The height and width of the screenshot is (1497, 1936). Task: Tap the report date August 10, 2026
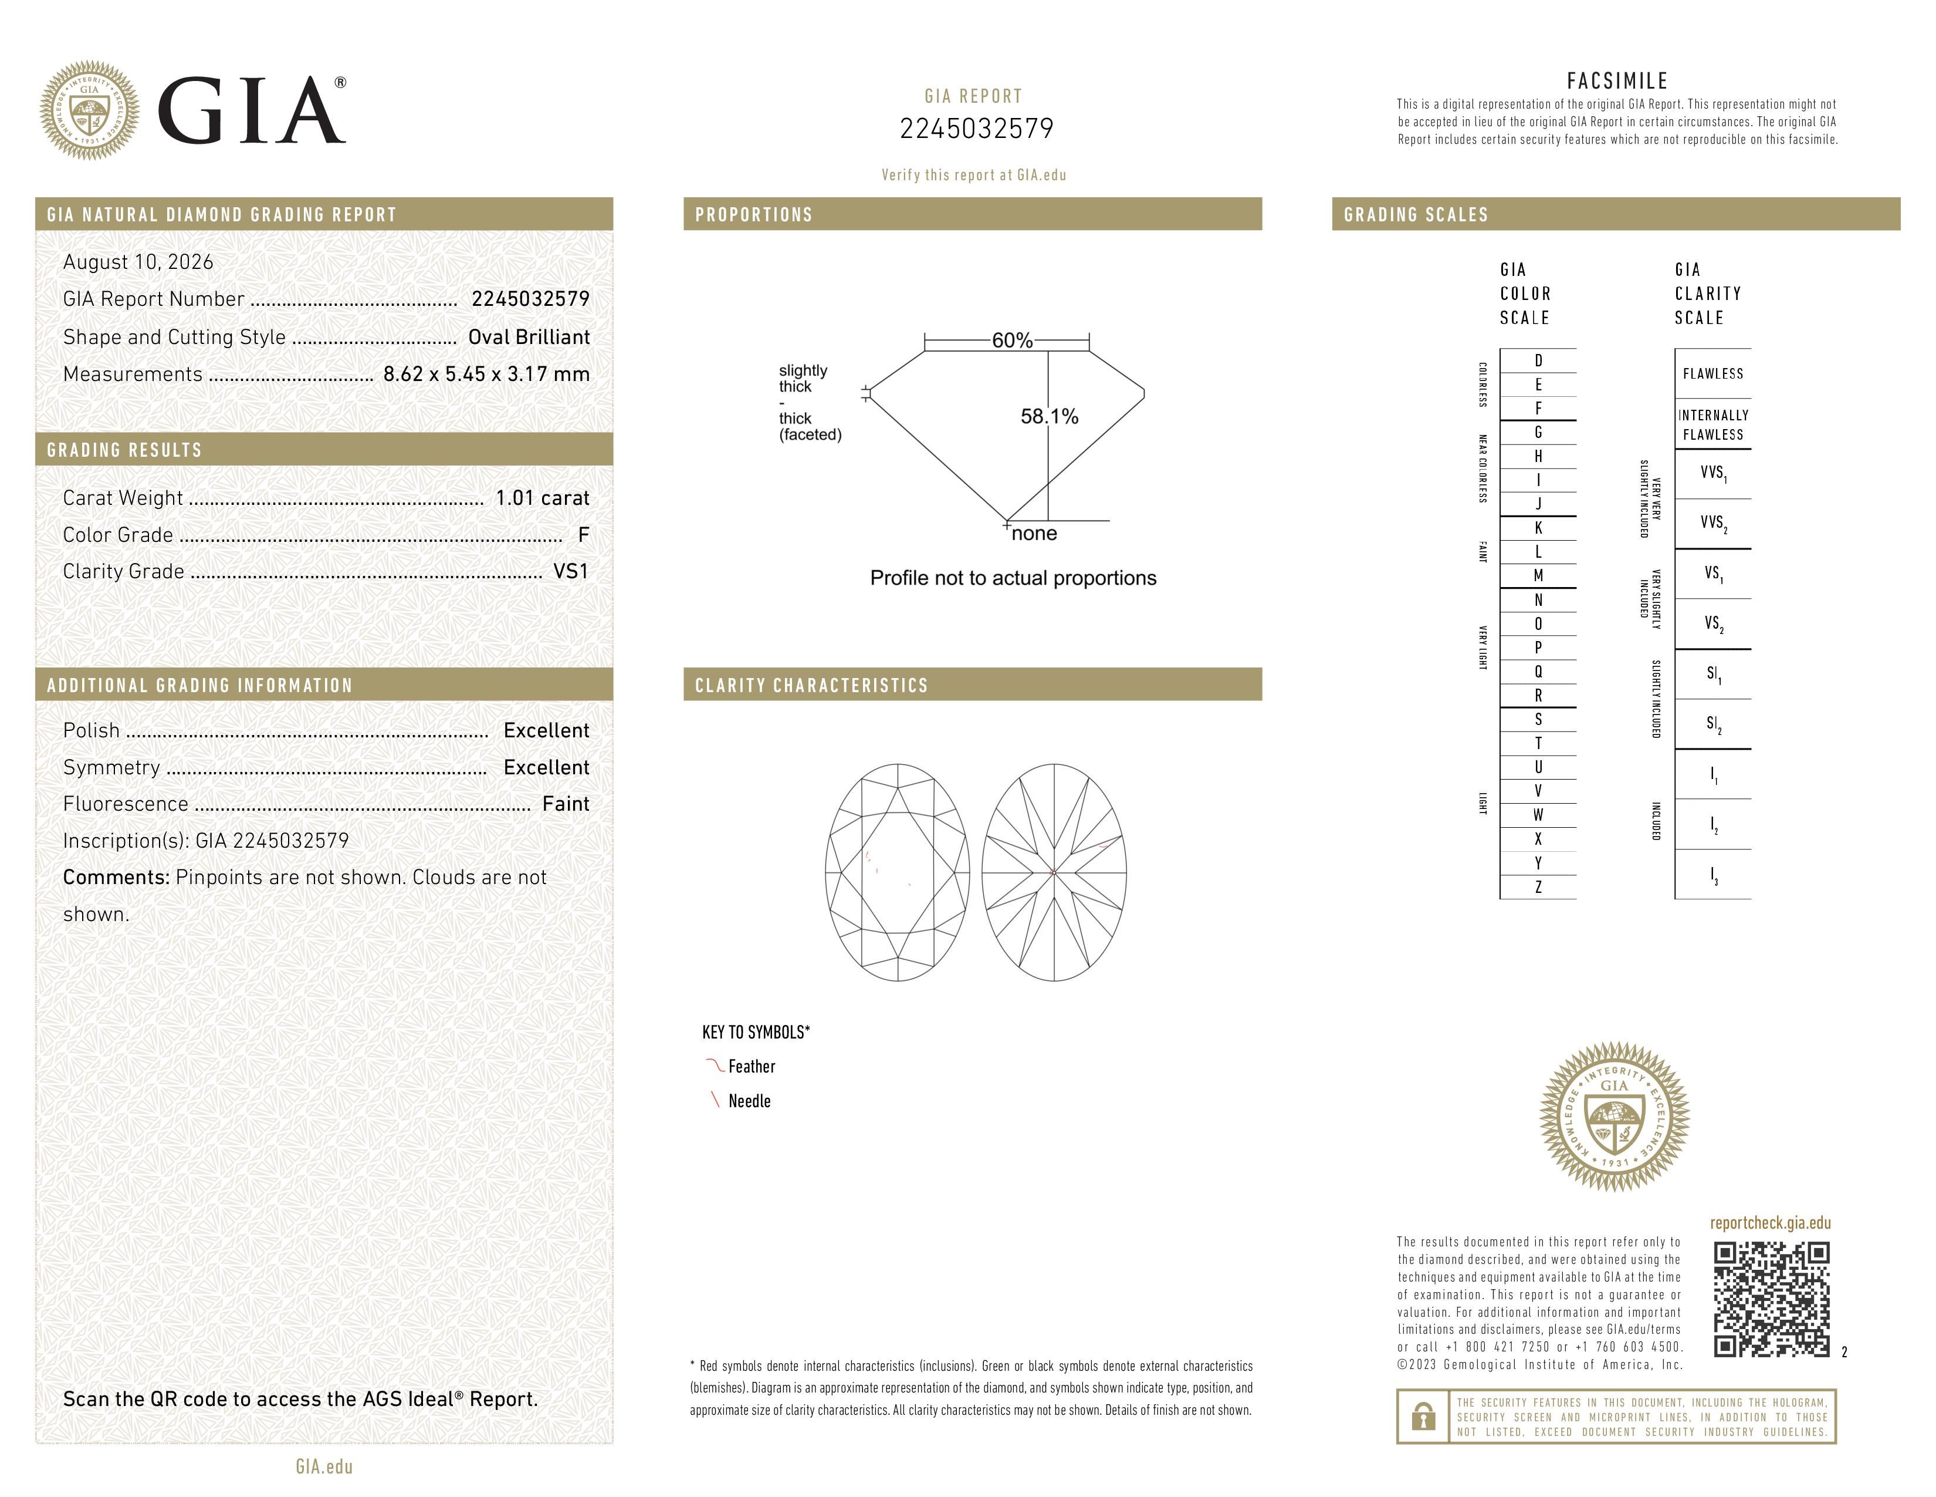[x=138, y=262]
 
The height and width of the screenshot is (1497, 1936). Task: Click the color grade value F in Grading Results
[x=583, y=535]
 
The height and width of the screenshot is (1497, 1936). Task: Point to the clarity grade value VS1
[x=571, y=571]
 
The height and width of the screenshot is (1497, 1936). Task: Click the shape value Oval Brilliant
[x=529, y=337]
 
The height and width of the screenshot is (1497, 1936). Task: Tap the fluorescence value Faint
[x=566, y=804]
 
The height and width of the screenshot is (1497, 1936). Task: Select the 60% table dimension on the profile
[x=1013, y=340]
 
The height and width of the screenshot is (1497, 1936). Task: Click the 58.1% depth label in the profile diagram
[x=1050, y=417]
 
